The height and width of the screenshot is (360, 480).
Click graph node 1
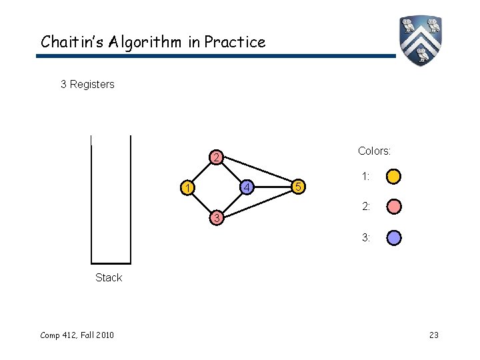[189, 188]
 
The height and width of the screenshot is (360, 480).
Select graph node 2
[214, 158]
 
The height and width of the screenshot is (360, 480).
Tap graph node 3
[214, 217]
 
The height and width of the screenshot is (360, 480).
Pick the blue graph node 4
[246, 187]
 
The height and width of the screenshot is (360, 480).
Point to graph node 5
[299, 187]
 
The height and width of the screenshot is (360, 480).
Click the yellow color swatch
[394, 177]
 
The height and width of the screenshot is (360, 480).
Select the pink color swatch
[394, 207]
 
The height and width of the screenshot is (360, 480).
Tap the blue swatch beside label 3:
[394, 237]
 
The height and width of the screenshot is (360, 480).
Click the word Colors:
[374, 151]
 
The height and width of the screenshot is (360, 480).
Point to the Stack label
[109, 277]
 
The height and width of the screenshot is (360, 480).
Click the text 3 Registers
[87, 84]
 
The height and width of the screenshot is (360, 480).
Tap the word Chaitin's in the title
[69, 42]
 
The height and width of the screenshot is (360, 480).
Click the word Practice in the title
[235, 42]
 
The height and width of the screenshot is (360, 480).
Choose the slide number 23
[433, 335]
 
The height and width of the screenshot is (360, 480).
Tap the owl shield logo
[421, 39]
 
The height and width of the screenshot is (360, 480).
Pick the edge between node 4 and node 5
[273, 187]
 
